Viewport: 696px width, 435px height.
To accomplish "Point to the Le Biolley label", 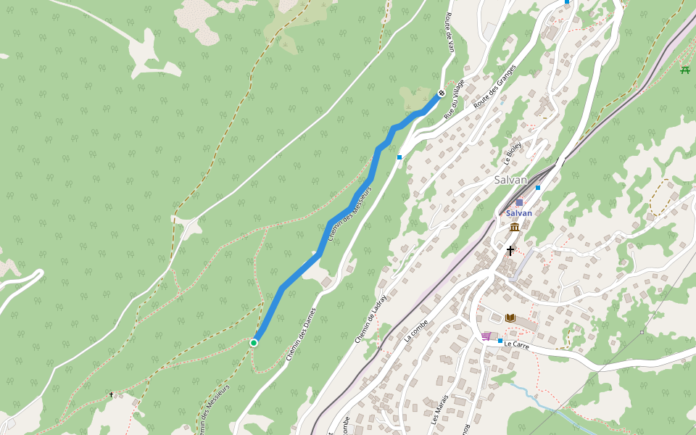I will [513, 154].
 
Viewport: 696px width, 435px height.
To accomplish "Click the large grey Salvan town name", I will [510, 180].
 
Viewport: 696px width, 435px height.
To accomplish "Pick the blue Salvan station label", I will [519, 213].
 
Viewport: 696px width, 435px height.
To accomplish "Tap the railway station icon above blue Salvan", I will [519, 202].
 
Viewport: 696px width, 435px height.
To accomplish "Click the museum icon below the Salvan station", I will [514, 228].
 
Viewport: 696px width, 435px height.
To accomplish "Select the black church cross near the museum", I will [510, 251].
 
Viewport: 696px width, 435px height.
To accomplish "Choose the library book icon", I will [510, 318].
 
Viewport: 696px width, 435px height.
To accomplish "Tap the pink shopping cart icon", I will [486, 336].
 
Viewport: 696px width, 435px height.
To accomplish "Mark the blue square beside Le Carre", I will [500, 340].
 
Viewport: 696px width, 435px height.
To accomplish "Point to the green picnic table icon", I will [685, 70].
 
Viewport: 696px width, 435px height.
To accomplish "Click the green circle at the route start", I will [254, 342].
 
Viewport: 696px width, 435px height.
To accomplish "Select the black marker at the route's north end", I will [441, 93].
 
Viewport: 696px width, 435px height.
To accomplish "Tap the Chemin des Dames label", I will [301, 333].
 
